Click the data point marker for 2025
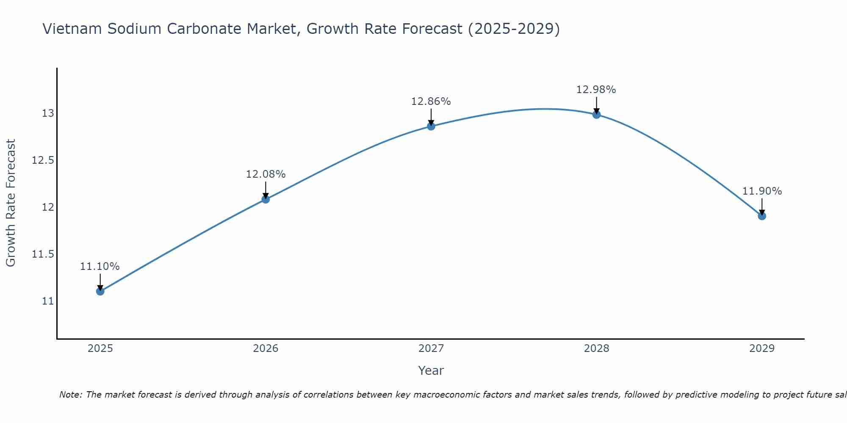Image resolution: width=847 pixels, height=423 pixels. point(100,291)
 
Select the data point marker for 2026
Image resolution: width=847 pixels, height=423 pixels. point(266,199)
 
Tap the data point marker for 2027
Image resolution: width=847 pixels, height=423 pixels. point(431,126)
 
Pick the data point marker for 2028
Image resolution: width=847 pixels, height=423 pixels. point(596,114)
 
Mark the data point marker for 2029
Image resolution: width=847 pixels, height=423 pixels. point(762,216)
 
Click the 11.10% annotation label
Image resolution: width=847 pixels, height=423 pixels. point(100,266)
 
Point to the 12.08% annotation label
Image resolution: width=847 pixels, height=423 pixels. point(266,174)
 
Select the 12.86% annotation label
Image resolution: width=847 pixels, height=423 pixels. point(431,102)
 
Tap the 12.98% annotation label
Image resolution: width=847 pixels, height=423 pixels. point(596,90)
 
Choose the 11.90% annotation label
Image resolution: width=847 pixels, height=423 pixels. point(762,191)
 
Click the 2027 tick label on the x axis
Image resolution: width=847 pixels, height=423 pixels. point(431,349)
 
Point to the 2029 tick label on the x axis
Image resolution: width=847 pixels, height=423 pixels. point(762,349)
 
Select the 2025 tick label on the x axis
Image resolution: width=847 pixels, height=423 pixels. point(100,349)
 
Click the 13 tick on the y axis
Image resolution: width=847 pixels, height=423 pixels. point(47,113)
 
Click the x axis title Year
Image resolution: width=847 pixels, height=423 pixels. point(431,371)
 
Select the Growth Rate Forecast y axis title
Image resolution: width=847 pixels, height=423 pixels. point(11,203)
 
